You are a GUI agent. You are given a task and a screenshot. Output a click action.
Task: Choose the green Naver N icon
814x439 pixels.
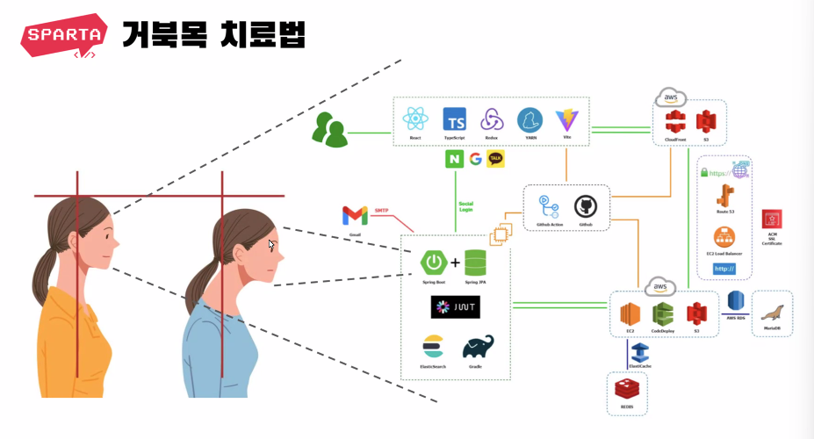[x=454, y=159]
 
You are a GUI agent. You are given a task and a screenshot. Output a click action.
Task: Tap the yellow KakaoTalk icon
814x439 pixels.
[x=496, y=159]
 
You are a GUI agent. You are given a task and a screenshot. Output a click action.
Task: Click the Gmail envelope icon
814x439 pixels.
[x=355, y=215]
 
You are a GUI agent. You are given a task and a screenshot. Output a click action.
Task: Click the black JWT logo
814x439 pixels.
[x=456, y=306]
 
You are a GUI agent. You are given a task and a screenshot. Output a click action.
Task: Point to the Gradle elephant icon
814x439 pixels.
[x=478, y=348]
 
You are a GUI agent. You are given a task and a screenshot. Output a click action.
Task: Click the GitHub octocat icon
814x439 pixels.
[x=586, y=207]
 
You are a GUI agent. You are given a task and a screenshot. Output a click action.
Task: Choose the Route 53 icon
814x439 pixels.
[x=724, y=195]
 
